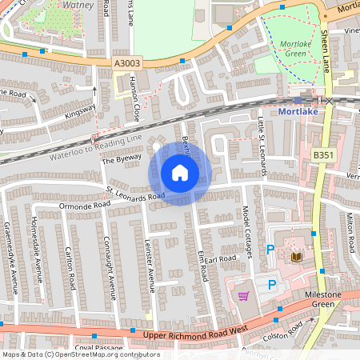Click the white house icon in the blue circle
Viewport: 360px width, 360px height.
click(180, 173)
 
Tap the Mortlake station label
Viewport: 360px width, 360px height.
click(301, 113)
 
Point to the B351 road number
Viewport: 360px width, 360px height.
click(324, 154)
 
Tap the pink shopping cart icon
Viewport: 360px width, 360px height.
click(243, 296)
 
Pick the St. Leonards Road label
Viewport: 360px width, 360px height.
click(137, 194)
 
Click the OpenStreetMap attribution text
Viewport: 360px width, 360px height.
click(80, 354)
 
